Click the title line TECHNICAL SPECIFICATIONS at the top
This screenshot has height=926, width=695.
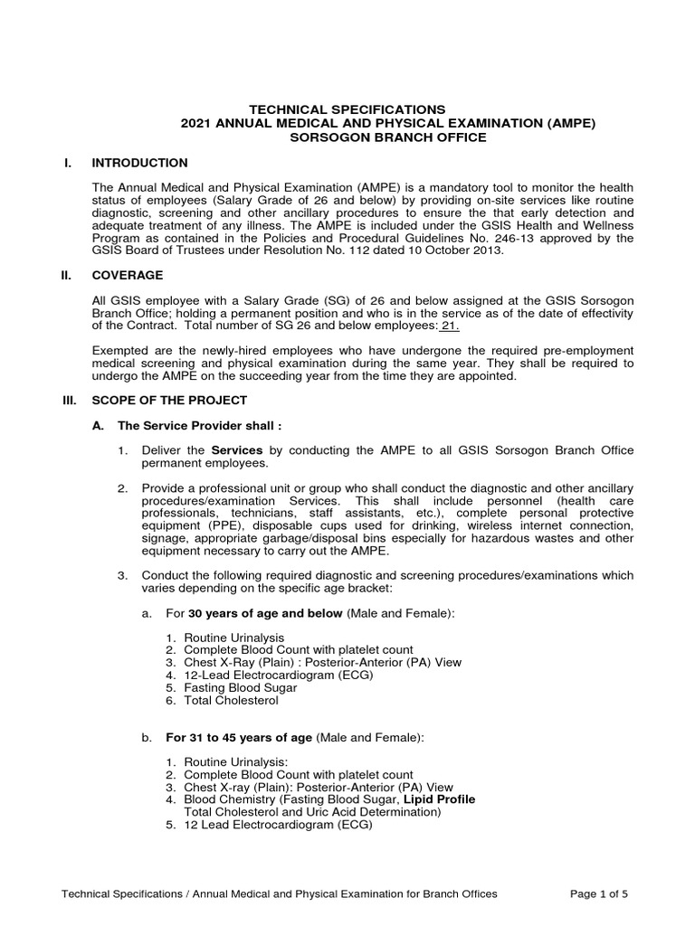coord(347,109)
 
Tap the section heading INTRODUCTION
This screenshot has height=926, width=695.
coord(140,163)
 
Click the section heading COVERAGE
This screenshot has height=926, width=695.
coord(128,275)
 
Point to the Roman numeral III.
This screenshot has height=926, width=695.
coord(70,400)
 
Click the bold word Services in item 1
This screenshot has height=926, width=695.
coord(236,450)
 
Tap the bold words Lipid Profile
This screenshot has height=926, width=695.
coord(440,799)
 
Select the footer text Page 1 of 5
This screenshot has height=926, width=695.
coord(598,893)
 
